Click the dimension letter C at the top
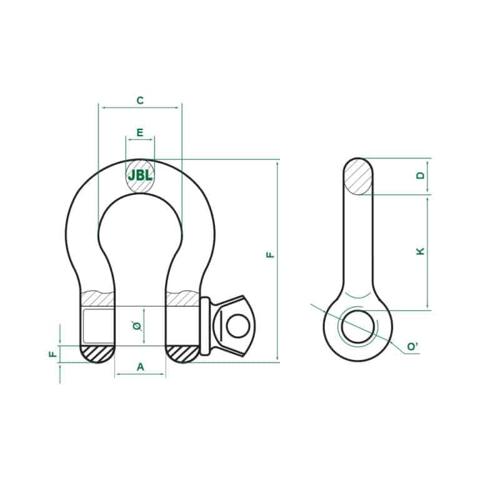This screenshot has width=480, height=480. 140,100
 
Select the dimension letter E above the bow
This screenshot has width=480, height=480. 140,132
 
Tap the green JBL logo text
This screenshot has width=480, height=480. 140,176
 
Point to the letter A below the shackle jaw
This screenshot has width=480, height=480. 140,367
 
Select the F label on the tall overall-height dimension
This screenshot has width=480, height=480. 270,254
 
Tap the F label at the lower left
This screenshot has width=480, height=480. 52,354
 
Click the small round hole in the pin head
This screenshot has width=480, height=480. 236,325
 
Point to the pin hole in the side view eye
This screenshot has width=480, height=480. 357,326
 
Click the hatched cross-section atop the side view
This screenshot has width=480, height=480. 357,177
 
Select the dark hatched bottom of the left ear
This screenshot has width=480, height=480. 97,353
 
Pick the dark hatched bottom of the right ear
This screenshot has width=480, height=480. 182,353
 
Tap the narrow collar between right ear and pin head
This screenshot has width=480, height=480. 204,326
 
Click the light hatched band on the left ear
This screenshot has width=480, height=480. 97,298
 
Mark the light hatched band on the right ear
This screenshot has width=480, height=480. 182,298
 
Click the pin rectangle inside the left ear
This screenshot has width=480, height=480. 97,325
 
